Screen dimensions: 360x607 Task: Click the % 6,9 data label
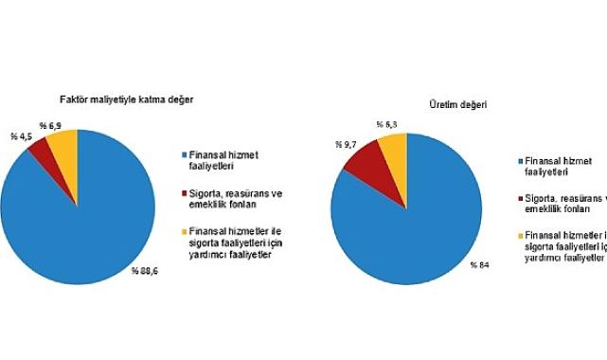[x=52, y=124]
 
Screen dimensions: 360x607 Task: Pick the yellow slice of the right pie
[x=392, y=147]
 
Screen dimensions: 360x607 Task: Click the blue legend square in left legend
[x=181, y=153]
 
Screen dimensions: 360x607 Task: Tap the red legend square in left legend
[x=181, y=192]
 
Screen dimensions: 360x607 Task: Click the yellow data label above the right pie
[x=386, y=124]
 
